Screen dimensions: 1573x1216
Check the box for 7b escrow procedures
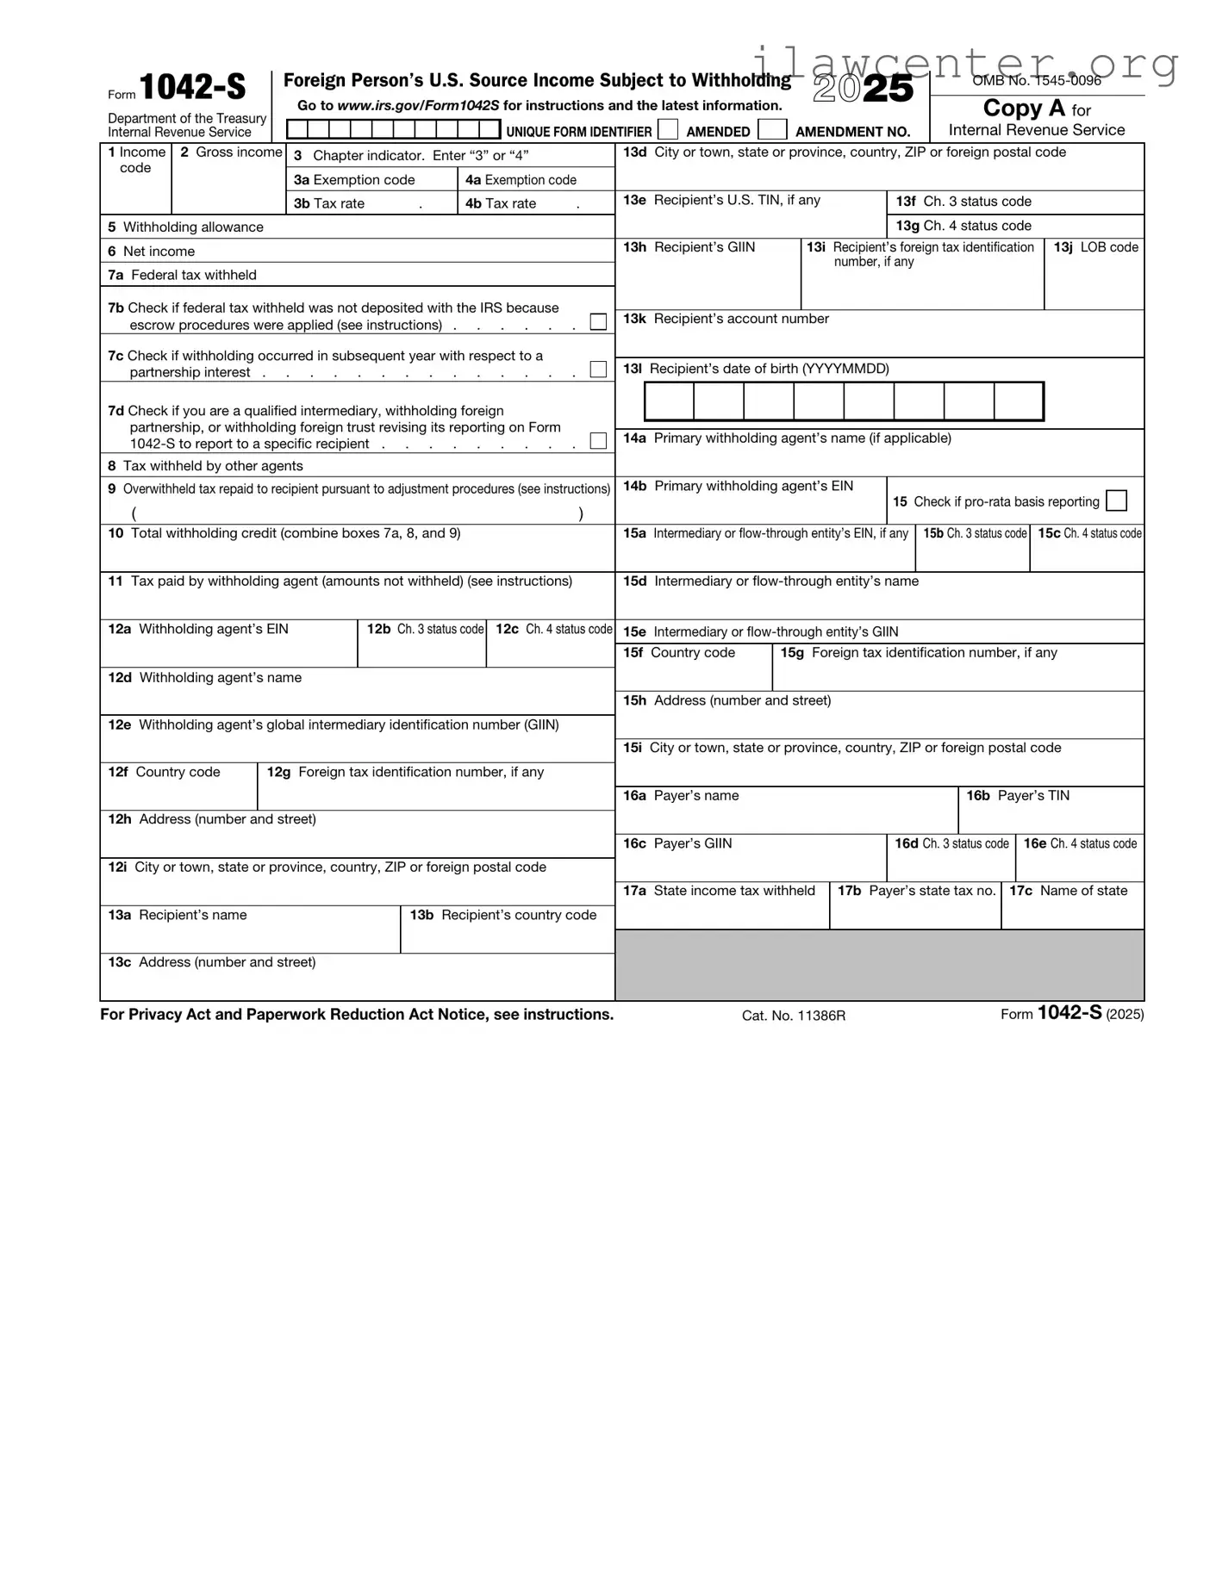598,322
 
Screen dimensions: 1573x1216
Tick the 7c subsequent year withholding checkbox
598,370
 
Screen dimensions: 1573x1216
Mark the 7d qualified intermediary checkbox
598,441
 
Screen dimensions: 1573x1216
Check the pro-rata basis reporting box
1116,501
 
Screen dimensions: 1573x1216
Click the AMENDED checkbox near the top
668,130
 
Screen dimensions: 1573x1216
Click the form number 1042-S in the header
192,87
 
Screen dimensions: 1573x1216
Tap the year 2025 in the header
863,89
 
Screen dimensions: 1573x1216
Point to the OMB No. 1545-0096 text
1037,80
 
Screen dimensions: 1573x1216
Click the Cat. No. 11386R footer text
793,1016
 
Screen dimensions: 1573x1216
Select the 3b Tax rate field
371,204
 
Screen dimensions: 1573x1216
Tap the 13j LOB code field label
1095,247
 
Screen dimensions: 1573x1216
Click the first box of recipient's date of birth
670,401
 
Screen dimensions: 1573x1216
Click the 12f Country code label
164,773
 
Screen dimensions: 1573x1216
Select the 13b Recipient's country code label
502,915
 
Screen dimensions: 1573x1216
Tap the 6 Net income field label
152,252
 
